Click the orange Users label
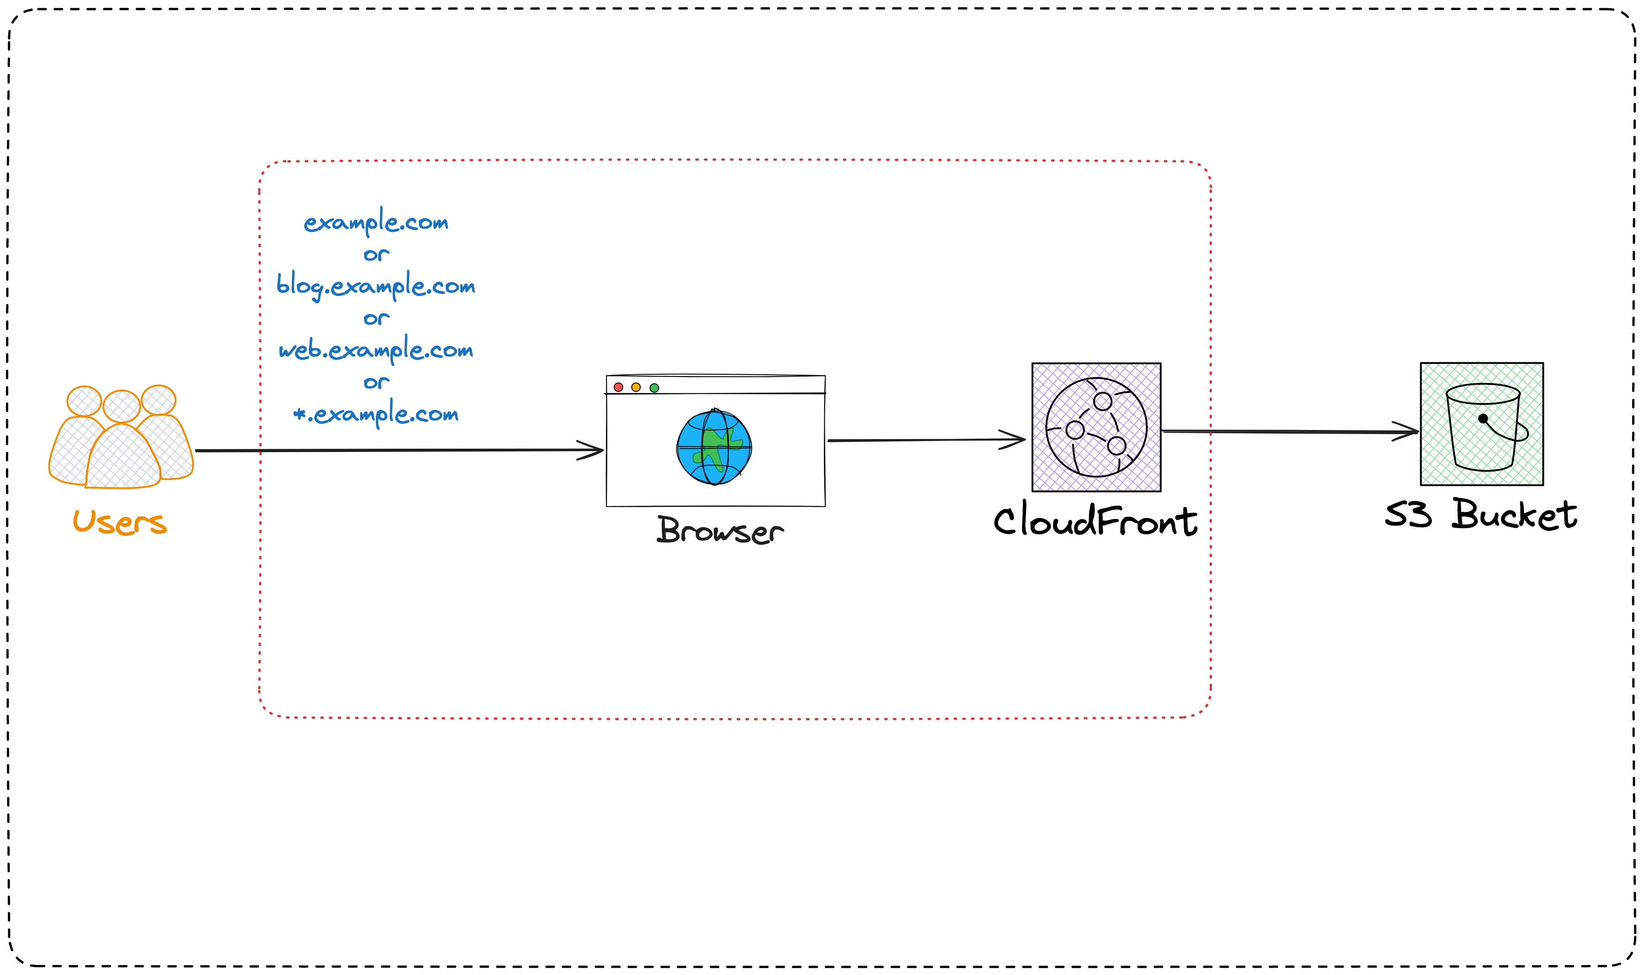click(x=119, y=522)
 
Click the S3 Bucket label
click(x=1481, y=514)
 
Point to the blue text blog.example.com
click(x=375, y=286)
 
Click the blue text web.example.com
click(x=375, y=350)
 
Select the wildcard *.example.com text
click(x=375, y=414)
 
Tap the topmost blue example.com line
click(x=375, y=222)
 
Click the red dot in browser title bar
click(x=618, y=387)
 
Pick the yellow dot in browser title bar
click(x=636, y=387)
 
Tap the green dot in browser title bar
click(x=654, y=388)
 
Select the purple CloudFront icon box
click(x=1096, y=427)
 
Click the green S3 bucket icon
click(x=1481, y=424)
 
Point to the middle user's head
click(x=121, y=406)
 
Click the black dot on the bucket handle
click(x=1483, y=418)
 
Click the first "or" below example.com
click(x=376, y=254)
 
